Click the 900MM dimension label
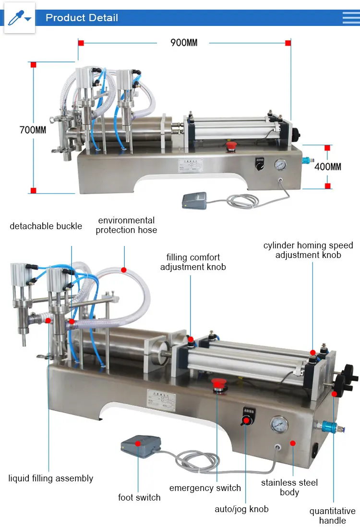click(184, 43)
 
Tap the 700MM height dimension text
click(33, 130)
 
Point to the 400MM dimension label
click(328, 167)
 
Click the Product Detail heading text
click(82, 18)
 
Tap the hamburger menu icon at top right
click(350, 18)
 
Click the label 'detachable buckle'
click(46, 226)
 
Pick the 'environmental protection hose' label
click(126, 225)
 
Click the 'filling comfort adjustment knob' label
click(193, 262)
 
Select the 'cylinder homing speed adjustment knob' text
click(308, 250)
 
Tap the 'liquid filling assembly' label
click(51, 478)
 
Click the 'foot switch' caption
click(139, 497)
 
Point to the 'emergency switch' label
click(205, 488)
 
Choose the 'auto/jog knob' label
click(241, 509)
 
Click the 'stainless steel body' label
click(289, 487)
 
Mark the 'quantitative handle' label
click(332, 515)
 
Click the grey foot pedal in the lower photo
click(140, 445)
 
